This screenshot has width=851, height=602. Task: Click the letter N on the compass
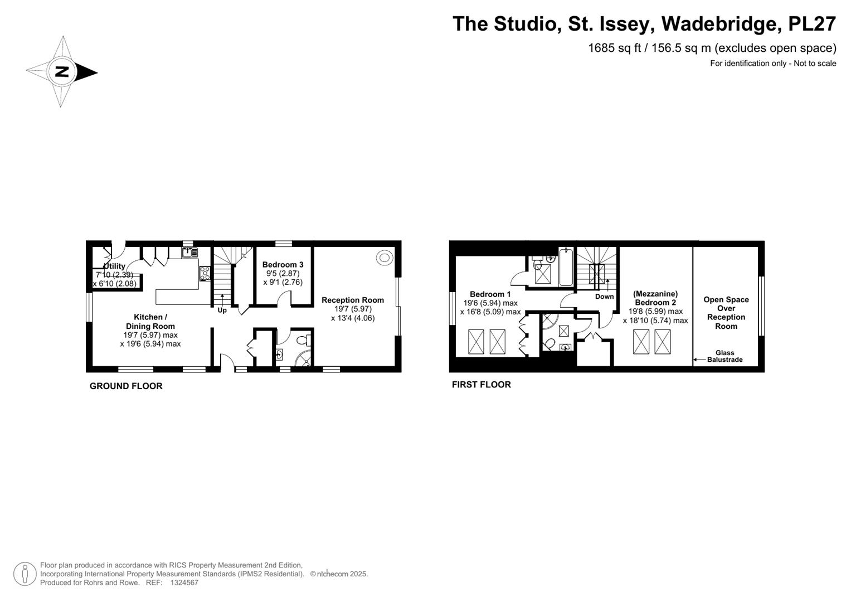pos(61,71)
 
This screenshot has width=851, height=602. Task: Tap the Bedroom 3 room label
pos(283,265)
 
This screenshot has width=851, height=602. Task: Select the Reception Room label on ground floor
pos(353,300)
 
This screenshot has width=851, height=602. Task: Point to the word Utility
pos(114,266)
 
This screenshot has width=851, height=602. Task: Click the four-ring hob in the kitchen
pos(205,273)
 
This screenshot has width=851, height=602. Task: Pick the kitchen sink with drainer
pos(189,253)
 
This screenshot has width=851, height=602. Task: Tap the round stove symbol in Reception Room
pos(384,258)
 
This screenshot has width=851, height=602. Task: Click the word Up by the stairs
pos(222,310)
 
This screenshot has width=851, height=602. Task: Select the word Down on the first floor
pos(605,297)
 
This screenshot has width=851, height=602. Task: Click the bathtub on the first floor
pos(566,266)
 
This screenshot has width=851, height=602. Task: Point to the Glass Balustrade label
pos(725,356)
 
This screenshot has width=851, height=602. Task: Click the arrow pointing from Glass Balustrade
pos(699,360)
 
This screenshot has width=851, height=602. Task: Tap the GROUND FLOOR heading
pos(126,386)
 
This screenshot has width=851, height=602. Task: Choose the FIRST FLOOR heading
pos(482,385)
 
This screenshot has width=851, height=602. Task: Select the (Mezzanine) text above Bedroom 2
pos(655,293)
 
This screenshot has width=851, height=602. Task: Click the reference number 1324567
pos(184,582)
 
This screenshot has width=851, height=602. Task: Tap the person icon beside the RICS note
pos(25,574)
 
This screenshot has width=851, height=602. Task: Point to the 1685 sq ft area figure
pos(614,48)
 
